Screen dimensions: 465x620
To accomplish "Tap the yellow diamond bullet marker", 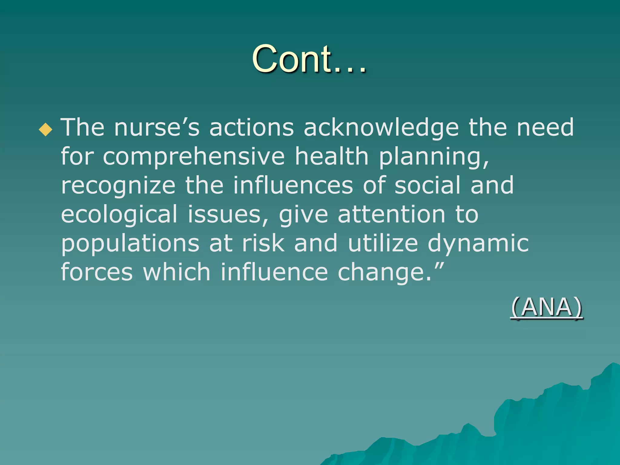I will pyautogui.click(x=45, y=129).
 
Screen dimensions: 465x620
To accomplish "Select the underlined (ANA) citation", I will pyautogui.click(x=546, y=308).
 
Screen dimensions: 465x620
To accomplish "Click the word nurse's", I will pyautogui.click(x=157, y=127).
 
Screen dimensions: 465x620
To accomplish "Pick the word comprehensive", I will pyautogui.click(x=194, y=157).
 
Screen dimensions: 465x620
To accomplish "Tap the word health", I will pyautogui.click(x=331, y=156).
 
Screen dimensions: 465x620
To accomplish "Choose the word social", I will pyautogui.click(x=427, y=185).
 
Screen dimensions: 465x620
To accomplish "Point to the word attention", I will pyautogui.click(x=391, y=214).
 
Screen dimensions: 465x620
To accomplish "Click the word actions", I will pyautogui.click(x=251, y=127).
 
